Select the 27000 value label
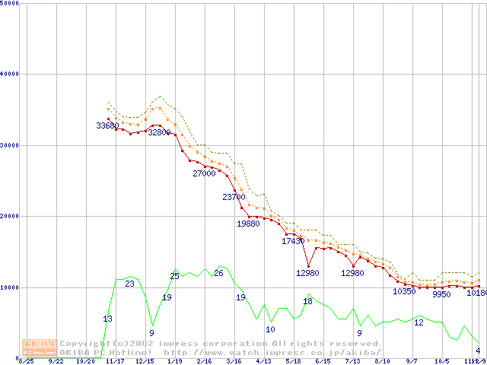pos(204,173)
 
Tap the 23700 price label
pos(234,197)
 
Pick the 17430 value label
pos(293,241)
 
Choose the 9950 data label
pos(441,294)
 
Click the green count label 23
pos(129,284)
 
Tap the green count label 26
pos(218,273)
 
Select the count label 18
pos(307,301)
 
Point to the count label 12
pos(419,322)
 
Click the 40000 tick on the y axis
pos(10,74)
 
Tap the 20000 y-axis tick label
pos(10,216)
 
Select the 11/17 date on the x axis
pos(115,361)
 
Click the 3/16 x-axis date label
pos(234,361)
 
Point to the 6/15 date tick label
pos(323,361)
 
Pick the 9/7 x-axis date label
pos(412,361)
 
